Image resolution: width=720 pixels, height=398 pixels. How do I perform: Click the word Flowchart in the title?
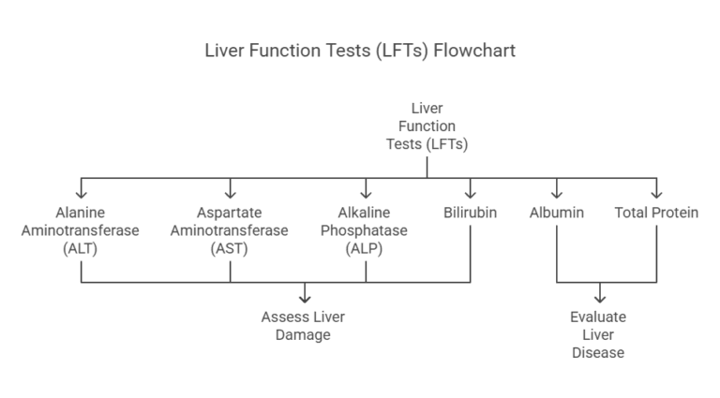click(x=474, y=51)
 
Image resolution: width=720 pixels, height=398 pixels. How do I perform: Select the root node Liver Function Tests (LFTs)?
click(x=427, y=126)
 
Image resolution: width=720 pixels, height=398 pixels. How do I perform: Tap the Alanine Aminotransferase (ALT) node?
click(x=81, y=229)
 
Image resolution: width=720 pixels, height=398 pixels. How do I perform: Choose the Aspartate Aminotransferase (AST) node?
click(x=230, y=229)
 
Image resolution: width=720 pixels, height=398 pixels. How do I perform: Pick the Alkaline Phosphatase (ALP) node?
click(x=366, y=229)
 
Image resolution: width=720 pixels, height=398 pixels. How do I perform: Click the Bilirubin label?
click(x=470, y=213)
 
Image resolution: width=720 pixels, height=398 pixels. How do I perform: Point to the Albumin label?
click(x=557, y=213)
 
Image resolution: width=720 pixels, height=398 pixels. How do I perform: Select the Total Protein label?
click(x=656, y=213)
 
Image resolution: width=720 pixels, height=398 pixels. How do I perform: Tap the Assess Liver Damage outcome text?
click(x=303, y=326)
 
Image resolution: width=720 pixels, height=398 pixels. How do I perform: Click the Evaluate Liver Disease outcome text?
click(x=598, y=335)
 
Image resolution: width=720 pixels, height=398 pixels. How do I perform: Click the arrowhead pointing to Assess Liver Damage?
click(x=304, y=297)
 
